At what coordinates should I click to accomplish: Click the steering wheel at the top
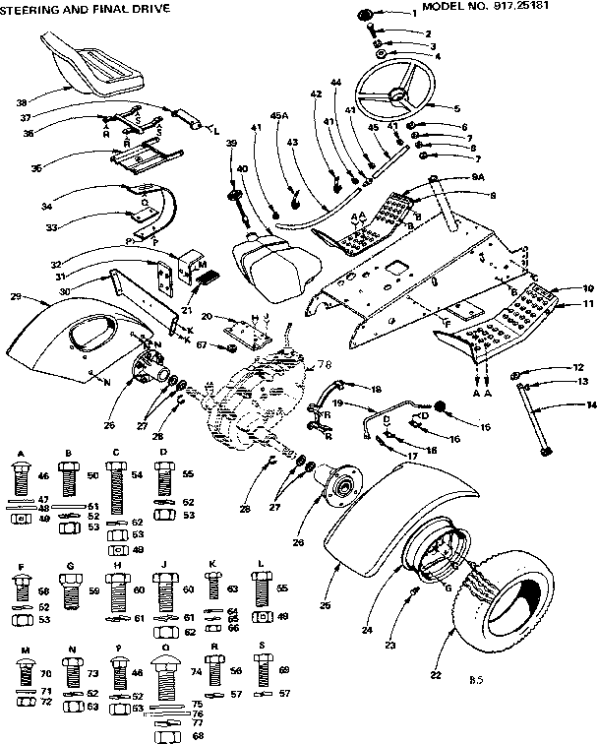tap(394, 96)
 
